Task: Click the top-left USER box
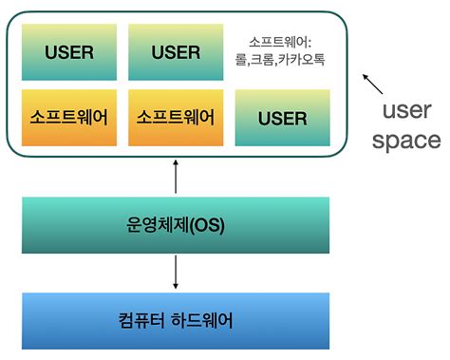pos(68,51)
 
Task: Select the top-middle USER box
pos(177,51)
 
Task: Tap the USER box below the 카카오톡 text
pos(282,119)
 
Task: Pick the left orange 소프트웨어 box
pos(68,118)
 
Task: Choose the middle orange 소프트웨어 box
pos(177,118)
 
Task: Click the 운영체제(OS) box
pos(176,225)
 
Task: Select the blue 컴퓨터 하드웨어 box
pos(176,319)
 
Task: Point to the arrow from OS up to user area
pos(176,177)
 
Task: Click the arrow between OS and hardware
pos(176,273)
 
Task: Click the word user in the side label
pos(411,111)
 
